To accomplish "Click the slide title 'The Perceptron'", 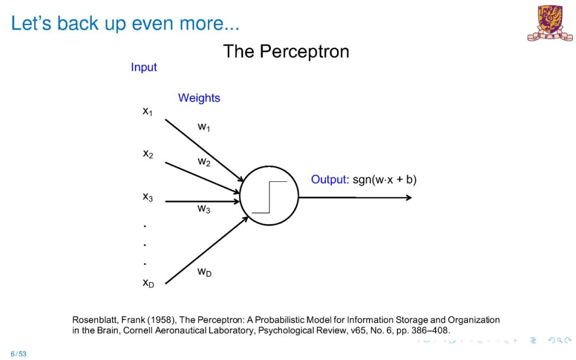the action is (286, 52).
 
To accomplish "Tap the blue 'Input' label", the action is (144, 67).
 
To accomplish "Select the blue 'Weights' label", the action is (199, 98).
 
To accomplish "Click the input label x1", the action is (148, 111).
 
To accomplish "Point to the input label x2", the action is (148, 154).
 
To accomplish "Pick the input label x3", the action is (148, 197).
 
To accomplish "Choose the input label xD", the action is (148, 283).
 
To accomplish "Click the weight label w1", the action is (204, 127).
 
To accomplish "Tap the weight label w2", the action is (204, 162).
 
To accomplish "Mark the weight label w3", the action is (204, 209).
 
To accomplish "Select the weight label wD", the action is (204, 272).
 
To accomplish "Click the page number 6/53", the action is (18, 354).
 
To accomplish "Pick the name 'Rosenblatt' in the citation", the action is (91, 320).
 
